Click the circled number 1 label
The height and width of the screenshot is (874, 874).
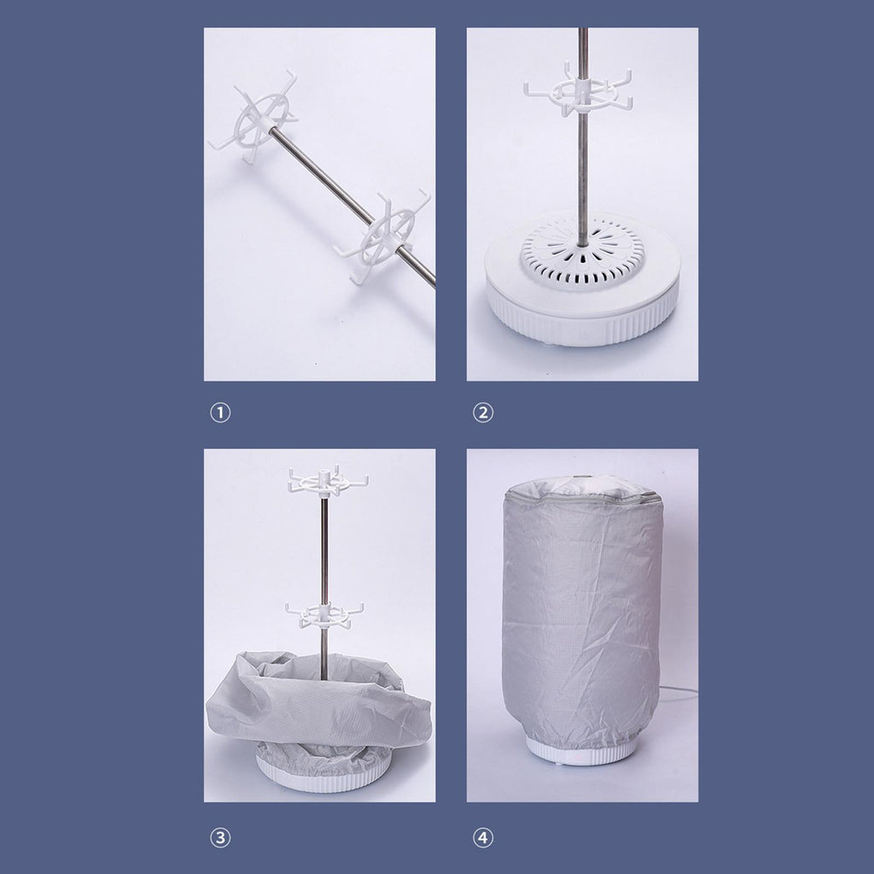click(220, 413)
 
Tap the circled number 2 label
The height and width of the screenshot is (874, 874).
click(483, 413)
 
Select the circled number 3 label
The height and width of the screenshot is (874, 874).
click(220, 838)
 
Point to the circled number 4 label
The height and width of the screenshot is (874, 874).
click(483, 838)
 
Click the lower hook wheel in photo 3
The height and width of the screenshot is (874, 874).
click(324, 615)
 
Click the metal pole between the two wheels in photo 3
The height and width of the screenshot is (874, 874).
click(323, 550)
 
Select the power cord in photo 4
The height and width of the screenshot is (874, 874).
click(679, 692)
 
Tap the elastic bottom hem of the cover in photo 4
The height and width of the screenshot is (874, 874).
click(580, 736)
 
